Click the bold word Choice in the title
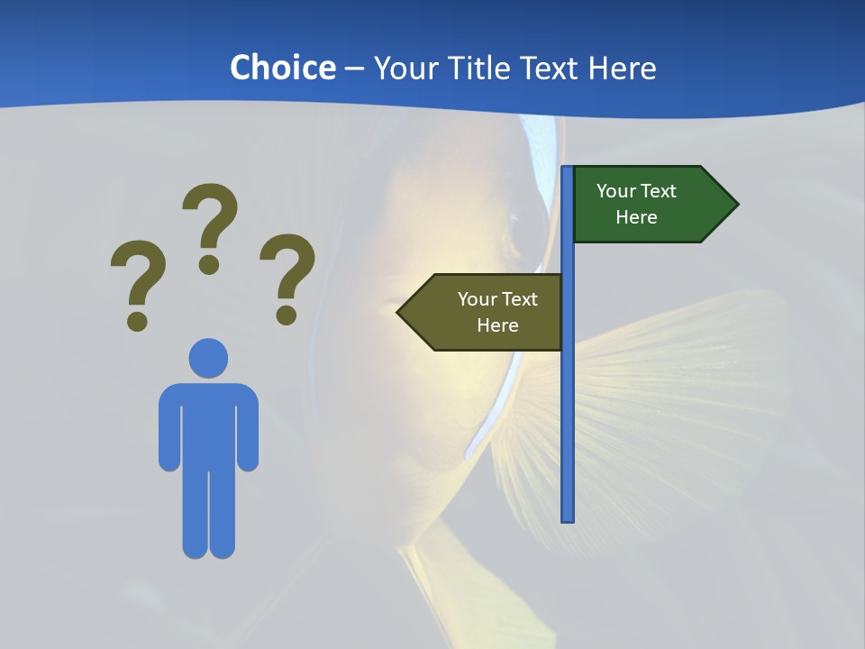[282, 68]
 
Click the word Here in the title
[622, 68]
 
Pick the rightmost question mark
[287, 275]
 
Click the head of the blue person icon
[208, 358]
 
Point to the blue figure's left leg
[196, 514]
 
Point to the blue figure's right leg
[222, 514]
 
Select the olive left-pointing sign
[487, 312]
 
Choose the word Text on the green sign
[659, 191]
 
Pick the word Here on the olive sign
[497, 325]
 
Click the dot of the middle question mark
[209, 264]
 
